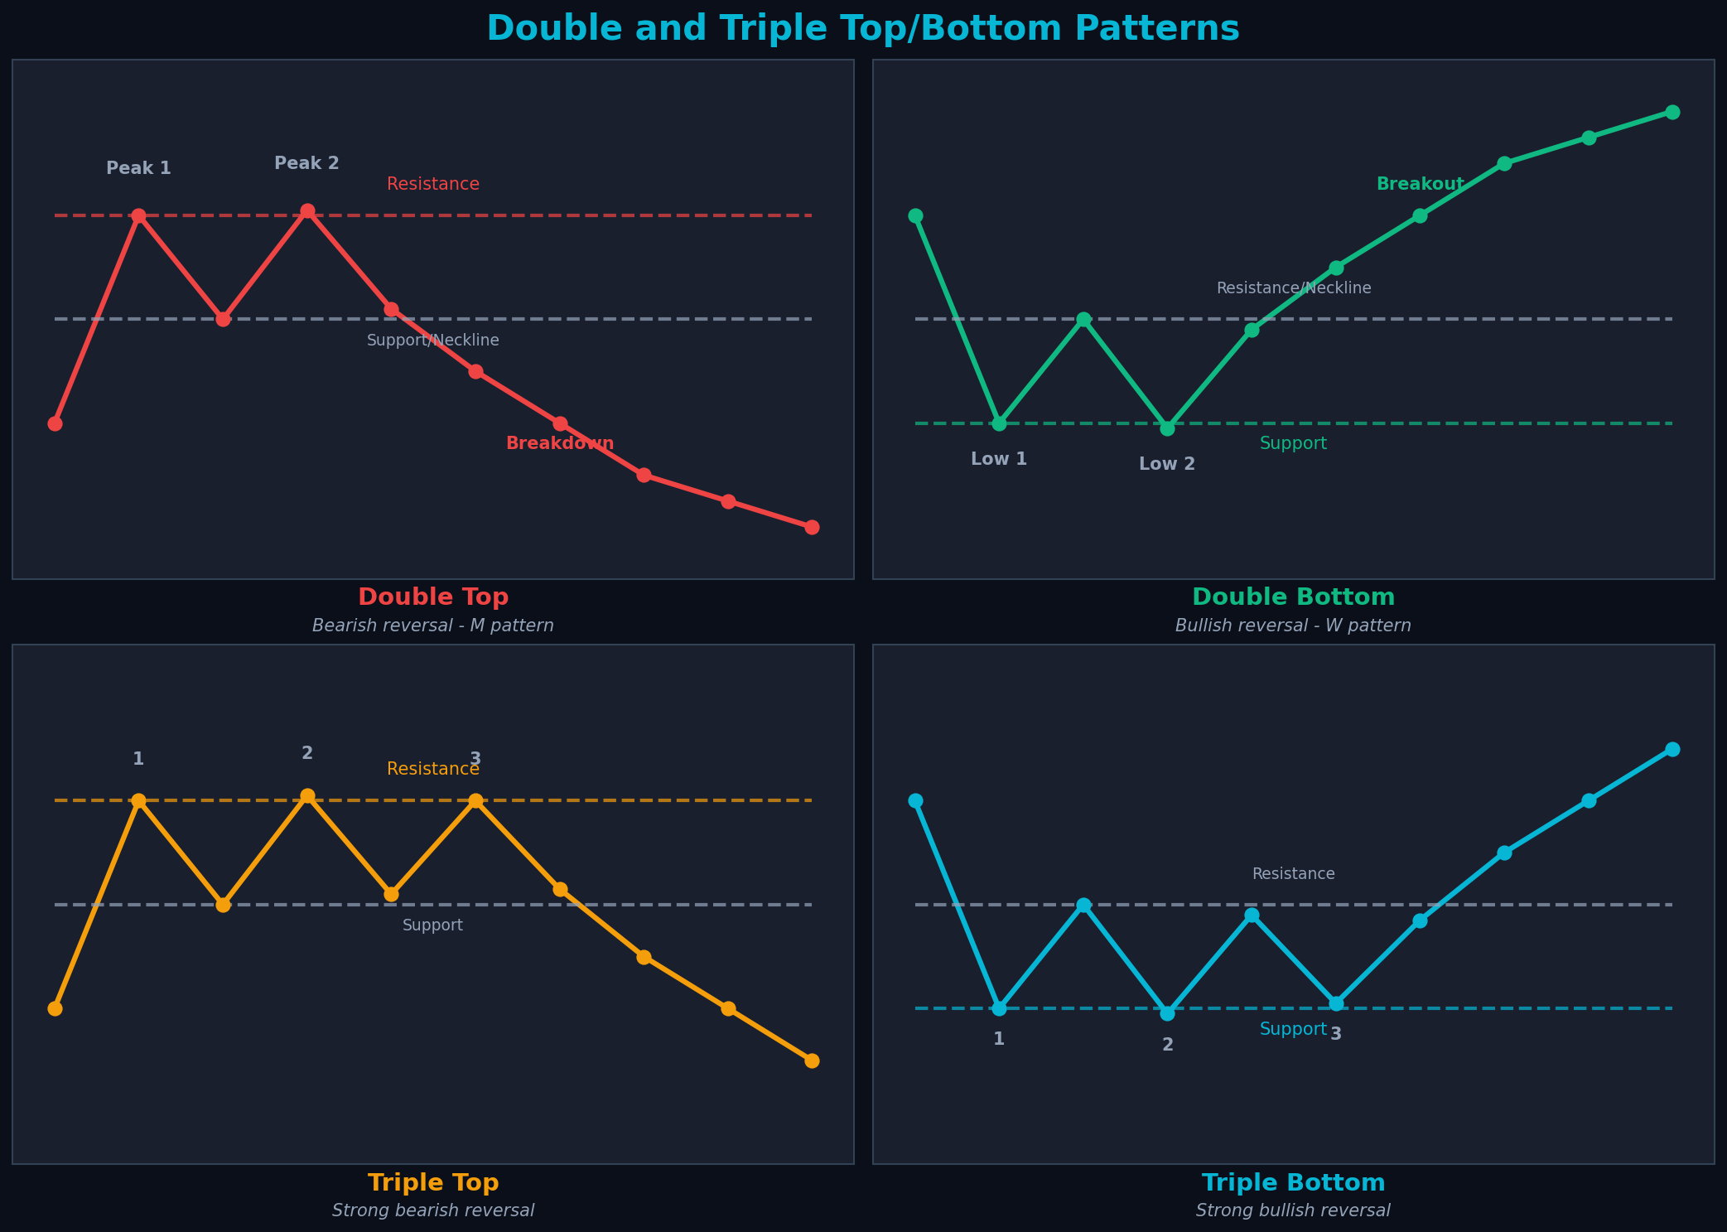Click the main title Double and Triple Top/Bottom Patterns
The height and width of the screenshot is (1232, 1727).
863,28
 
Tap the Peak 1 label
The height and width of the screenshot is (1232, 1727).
138,168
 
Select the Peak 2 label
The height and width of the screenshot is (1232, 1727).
306,163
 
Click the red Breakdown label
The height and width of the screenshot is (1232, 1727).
560,443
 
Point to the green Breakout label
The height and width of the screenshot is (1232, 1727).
1420,184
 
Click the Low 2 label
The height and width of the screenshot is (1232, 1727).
1167,464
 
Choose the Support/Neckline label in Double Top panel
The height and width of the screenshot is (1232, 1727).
432,341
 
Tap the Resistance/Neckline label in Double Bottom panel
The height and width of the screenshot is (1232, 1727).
1293,288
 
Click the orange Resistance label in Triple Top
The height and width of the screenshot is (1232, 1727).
432,769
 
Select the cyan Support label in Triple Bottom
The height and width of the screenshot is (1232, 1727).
1292,1029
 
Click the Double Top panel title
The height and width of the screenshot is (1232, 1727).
432,597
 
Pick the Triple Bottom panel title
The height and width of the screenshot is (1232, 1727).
1293,1182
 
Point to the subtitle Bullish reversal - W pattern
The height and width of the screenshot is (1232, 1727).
1293,626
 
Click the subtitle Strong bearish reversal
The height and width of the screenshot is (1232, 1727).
432,1210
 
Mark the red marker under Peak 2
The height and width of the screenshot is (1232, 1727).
307,210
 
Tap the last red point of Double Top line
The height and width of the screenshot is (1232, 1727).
812,527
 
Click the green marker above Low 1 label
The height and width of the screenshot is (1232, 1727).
999,423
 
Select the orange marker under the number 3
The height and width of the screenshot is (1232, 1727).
475,800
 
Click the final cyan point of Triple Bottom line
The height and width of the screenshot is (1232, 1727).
1672,749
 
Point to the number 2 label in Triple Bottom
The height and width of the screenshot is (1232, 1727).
1167,1045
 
